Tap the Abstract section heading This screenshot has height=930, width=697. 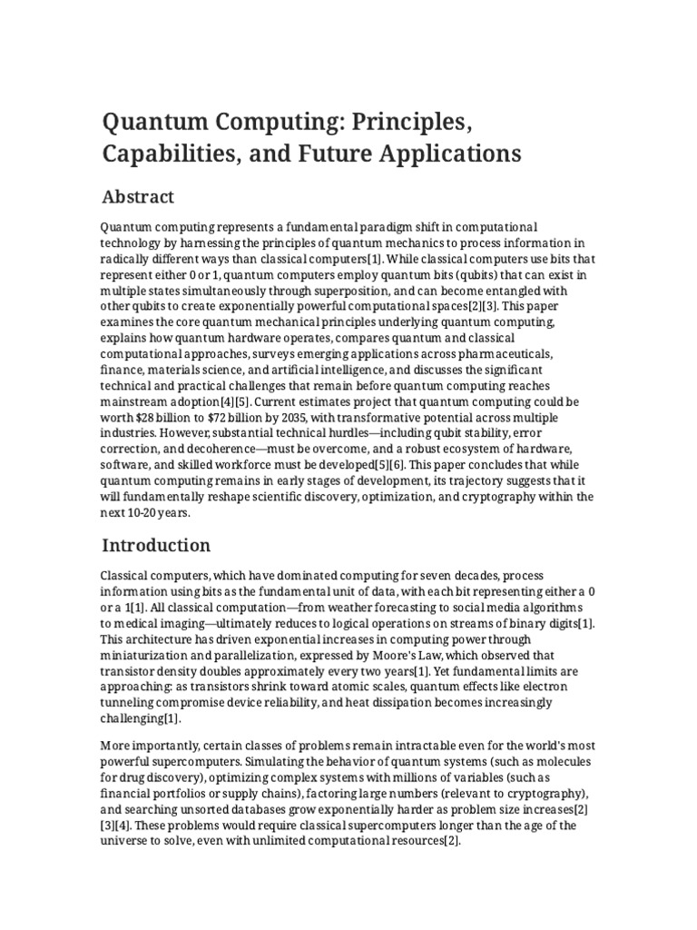click(x=138, y=197)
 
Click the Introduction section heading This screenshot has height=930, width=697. click(x=156, y=546)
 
